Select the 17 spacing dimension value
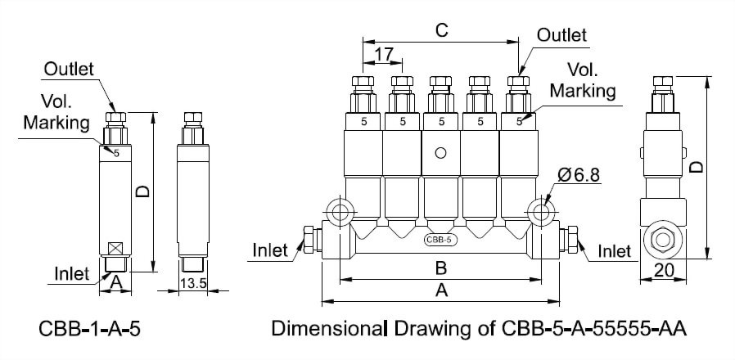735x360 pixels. (x=384, y=55)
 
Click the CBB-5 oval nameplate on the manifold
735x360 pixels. (x=441, y=241)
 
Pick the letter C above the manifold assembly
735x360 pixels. (x=441, y=29)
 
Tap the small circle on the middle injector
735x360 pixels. (x=441, y=153)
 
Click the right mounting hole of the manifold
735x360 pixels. (x=542, y=210)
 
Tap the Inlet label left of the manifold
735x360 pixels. (x=271, y=250)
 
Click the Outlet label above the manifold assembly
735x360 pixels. (x=562, y=35)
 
